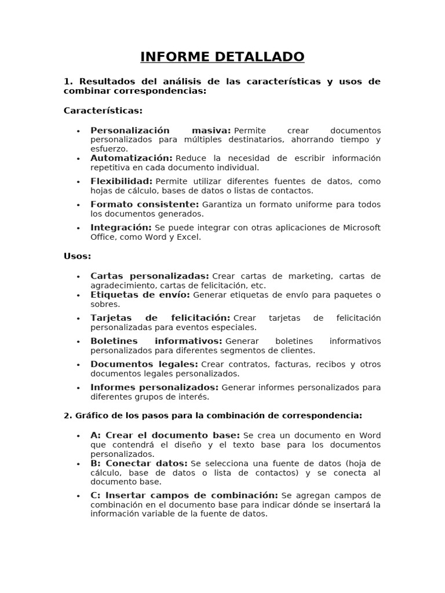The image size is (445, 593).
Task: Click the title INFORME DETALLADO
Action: pos(222,57)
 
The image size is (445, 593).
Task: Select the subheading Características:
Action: pos(103,110)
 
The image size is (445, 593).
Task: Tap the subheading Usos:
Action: pos(77,256)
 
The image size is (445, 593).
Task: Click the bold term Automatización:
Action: pos(131,158)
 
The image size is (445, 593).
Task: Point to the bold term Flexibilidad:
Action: pos(121,181)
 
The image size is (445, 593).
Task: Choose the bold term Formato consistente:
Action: pos(144,204)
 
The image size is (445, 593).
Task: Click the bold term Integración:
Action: pos(121,228)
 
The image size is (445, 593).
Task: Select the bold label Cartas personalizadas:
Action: pos(149,276)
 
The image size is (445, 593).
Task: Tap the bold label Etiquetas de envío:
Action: pos(140,295)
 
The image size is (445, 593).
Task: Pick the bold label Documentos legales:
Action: pos(144,364)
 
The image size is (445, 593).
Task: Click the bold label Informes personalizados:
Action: pos(154,387)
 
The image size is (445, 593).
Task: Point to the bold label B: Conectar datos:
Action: pos(138,463)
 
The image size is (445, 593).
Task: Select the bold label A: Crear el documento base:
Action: pos(165,435)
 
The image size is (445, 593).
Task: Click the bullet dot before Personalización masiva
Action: pos(78,131)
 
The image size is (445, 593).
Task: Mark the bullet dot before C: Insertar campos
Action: pos(78,496)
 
